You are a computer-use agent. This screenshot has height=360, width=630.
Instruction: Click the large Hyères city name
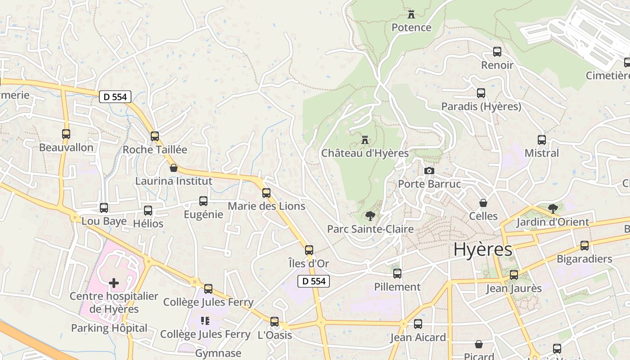(482, 249)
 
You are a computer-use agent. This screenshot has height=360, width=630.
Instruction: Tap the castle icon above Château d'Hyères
(365, 139)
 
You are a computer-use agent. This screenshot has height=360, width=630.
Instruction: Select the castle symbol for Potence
(411, 14)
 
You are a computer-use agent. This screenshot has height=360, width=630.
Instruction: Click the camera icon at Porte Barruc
(429, 171)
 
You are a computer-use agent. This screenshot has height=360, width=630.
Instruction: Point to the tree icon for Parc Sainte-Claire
(370, 216)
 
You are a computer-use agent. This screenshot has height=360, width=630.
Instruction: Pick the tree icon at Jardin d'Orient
(553, 208)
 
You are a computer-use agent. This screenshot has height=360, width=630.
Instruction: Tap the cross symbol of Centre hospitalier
(114, 283)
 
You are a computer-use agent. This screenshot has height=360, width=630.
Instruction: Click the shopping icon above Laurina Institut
(174, 168)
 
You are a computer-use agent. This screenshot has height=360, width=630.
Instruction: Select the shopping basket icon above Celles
(483, 203)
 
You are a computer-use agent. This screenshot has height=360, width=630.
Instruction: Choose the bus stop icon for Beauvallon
(66, 134)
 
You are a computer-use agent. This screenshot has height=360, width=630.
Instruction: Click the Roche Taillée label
(155, 149)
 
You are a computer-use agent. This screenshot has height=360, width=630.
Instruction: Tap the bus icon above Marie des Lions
(266, 193)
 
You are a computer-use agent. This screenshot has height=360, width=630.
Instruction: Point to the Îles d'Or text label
(309, 263)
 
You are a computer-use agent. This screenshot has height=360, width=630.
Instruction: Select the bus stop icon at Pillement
(397, 273)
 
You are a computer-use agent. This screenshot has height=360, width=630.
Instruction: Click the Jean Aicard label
(418, 337)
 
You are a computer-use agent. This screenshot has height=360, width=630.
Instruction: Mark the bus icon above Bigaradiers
(585, 245)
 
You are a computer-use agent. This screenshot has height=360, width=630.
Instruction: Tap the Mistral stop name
(542, 153)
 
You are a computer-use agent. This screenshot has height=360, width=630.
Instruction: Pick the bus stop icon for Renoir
(497, 52)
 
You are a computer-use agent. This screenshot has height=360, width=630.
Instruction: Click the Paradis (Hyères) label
(481, 107)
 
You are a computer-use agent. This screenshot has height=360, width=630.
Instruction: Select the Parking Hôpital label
(109, 328)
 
